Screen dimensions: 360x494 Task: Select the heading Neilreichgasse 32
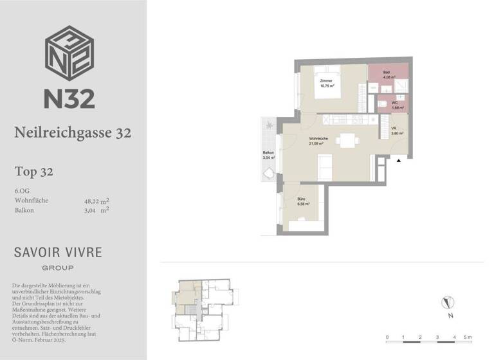[x=73, y=133]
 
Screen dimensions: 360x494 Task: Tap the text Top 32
[x=33, y=172]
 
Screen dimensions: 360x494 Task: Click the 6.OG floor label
[x=22, y=191]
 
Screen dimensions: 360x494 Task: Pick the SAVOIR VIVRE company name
[x=58, y=252]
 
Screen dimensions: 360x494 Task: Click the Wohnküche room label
[x=320, y=140]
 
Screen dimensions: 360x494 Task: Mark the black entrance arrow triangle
[x=399, y=161]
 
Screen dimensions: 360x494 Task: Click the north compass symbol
[x=448, y=301]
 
